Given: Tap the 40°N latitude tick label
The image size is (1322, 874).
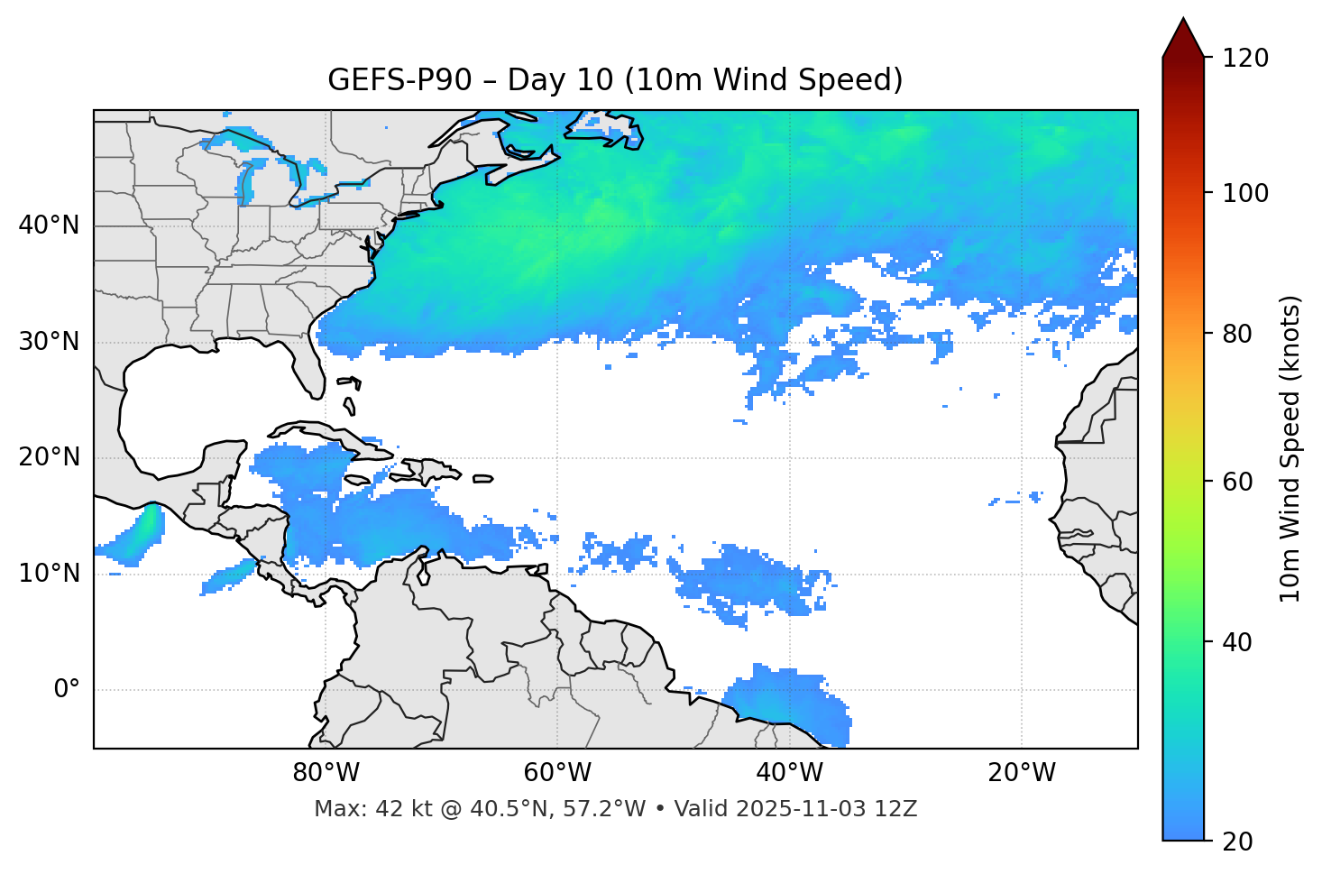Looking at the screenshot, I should (x=49, y=225).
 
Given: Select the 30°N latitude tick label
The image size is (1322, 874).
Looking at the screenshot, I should (x=49, y=342).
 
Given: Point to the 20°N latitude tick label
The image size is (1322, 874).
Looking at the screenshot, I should (x=49, y=457).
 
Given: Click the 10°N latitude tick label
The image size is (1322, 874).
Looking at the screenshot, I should (x=49, y=574).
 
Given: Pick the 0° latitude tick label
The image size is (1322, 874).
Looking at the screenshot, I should (x=67, y=690).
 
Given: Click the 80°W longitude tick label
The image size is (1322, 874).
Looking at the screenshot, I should (x=326, y=773).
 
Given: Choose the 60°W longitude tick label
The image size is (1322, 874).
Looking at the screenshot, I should (x=557, y=773).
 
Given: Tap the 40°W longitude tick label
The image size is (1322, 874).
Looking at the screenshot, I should (x=789, y=773).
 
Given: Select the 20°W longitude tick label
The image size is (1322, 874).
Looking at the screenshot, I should (x=1021, y=773).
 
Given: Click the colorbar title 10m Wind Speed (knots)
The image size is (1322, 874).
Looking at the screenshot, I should (x=1290, y=448).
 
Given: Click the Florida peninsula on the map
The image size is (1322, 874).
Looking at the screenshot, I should (x=307, y=365).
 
